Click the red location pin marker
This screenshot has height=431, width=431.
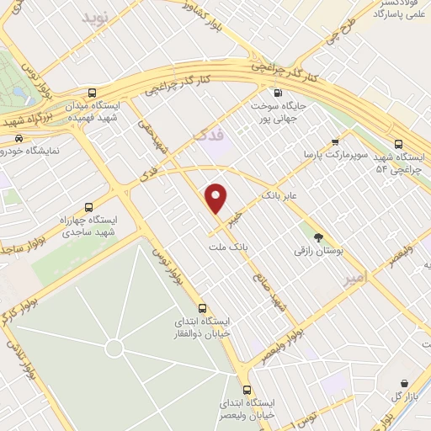[x=216, y=198]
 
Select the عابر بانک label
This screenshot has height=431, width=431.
[x=281, y=195]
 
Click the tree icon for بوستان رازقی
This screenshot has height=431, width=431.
[x=318, y=214]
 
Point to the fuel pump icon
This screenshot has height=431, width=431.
[x=277, y=93]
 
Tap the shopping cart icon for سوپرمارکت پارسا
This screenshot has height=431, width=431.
[x=335, y=141]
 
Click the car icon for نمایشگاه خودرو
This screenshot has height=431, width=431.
[x=19, y=138]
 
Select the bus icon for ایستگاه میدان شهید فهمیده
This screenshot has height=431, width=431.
[x=92, y=93]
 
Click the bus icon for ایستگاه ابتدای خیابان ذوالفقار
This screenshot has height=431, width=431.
[x=202, y=307]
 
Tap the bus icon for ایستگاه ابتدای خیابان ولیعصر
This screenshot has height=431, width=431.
[x=247, y=389]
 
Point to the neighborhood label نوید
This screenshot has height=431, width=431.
[x=95, y=17]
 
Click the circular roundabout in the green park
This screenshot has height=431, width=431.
[x=114, y=348]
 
